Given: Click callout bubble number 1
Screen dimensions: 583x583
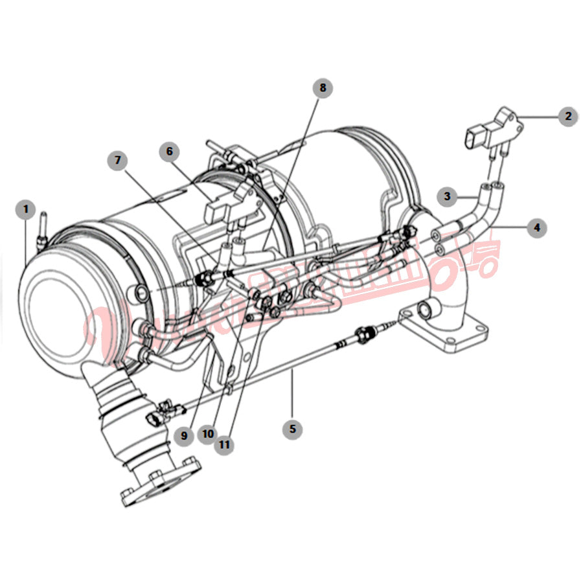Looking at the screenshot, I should (x=26, y=210).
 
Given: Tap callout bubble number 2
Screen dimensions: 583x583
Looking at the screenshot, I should (x=567, y=117).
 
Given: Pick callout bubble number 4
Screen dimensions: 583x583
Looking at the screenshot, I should (x=536, y=227).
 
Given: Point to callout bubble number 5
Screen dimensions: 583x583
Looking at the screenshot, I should (x=292, y=428).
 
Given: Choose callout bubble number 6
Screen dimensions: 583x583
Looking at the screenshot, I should (x=170, y=152).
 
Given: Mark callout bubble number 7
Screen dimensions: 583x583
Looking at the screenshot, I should (x=118, y=161).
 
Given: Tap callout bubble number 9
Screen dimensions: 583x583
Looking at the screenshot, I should (x=184, y=436).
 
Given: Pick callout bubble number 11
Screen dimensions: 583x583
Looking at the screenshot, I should (x=224, y=445).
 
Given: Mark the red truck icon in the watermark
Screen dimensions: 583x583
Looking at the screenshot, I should (x=466, y=262).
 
